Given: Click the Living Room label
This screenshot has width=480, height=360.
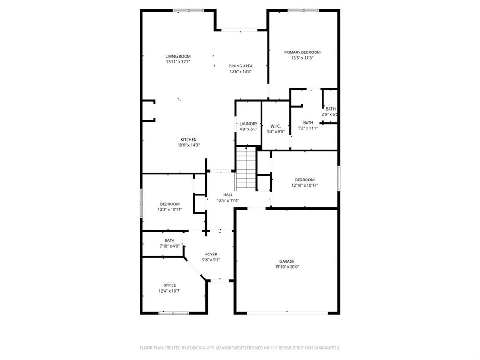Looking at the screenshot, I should point(178,56).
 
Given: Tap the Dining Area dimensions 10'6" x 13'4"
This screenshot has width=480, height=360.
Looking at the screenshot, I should point(240,72).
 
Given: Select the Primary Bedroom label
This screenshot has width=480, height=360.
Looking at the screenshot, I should point(302,52).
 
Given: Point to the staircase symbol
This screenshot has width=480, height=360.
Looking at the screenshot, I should point(246,167).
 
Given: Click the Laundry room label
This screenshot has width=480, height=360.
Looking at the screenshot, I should point(248,124).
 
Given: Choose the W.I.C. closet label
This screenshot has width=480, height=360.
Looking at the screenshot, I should point(275,126).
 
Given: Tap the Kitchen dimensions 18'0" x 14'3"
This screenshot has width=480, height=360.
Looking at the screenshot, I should point(189,145).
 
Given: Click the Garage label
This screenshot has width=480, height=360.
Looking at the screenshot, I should point(287,261).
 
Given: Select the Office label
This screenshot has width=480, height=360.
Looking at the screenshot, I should point(170,285).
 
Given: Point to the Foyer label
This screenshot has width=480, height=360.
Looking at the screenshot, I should point(211,254).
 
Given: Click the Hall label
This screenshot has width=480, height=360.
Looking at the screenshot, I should point(228,195).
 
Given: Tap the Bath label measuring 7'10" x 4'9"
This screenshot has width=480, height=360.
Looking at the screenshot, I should point(169,240).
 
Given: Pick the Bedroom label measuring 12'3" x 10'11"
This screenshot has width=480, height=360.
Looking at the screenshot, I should point(170,204).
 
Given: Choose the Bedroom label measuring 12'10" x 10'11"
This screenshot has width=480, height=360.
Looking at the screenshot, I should point(304,180).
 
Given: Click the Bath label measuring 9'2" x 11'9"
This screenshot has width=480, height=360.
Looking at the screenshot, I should point(308,122).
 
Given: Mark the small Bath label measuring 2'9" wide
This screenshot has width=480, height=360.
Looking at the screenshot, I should point(330,109).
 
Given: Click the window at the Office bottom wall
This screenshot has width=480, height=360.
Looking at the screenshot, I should point(174,313).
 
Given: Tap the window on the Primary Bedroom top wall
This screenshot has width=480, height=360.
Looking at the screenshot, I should point(303,10).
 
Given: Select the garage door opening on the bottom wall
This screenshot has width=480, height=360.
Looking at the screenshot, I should point(287,313).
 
